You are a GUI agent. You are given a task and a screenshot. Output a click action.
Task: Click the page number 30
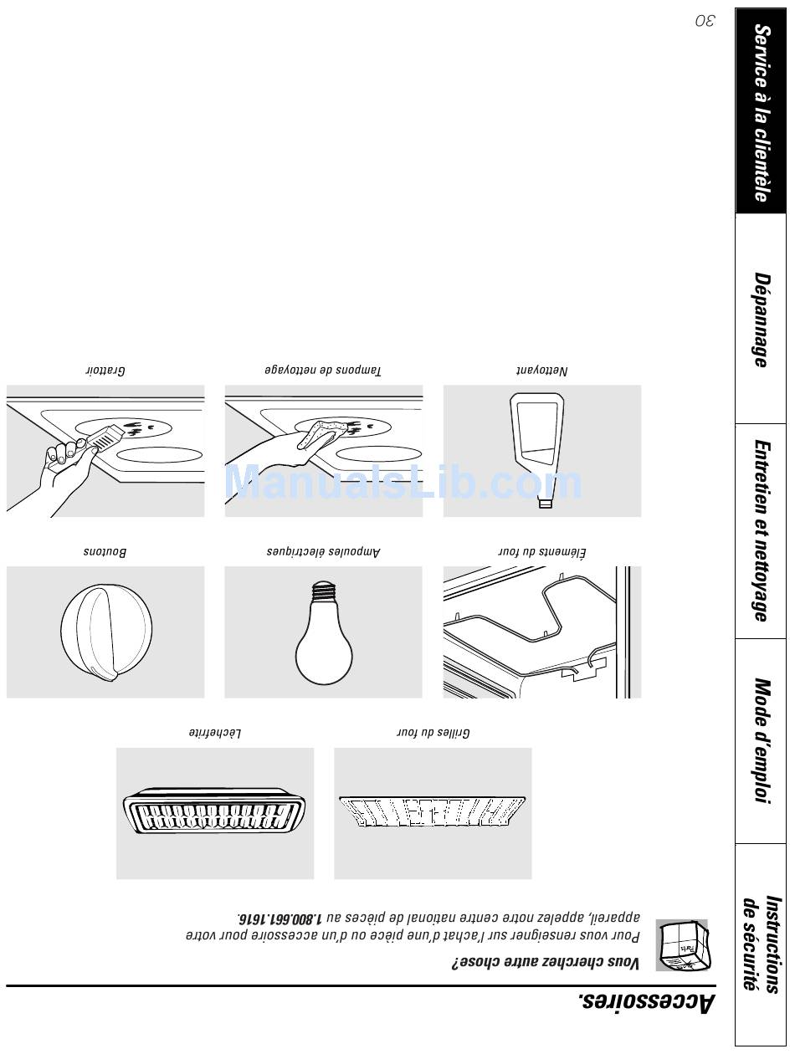tap(705, 21)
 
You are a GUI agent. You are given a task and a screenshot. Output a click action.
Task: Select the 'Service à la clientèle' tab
tap(761, 112)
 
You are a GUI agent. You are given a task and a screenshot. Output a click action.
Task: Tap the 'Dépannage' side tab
tap(761, 320)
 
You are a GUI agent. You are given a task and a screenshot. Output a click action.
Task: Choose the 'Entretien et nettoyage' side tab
tap(761, 531)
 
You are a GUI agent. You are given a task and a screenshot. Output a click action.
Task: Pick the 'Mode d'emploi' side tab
tap(761, 741)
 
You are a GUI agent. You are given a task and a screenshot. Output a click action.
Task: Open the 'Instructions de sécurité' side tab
tap(761, 944)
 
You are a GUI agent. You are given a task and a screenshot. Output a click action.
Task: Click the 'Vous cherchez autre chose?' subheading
tap(546, 964)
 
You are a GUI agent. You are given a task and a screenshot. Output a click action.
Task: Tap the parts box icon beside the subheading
tap(682, 945)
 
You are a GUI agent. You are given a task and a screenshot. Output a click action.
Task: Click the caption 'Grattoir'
tap(105, 370)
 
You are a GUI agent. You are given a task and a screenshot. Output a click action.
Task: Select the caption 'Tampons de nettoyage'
tap(323, 370)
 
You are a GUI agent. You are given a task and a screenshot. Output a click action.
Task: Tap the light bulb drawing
tap(323, 632)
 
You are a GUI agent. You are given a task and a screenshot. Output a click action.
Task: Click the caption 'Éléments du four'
tap(542, 552)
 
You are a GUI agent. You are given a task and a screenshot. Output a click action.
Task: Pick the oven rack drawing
tap(433, 812)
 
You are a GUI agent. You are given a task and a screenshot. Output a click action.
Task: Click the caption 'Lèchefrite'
tap(215, 734)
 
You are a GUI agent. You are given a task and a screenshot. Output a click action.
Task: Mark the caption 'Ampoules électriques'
tap(323, 552)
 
